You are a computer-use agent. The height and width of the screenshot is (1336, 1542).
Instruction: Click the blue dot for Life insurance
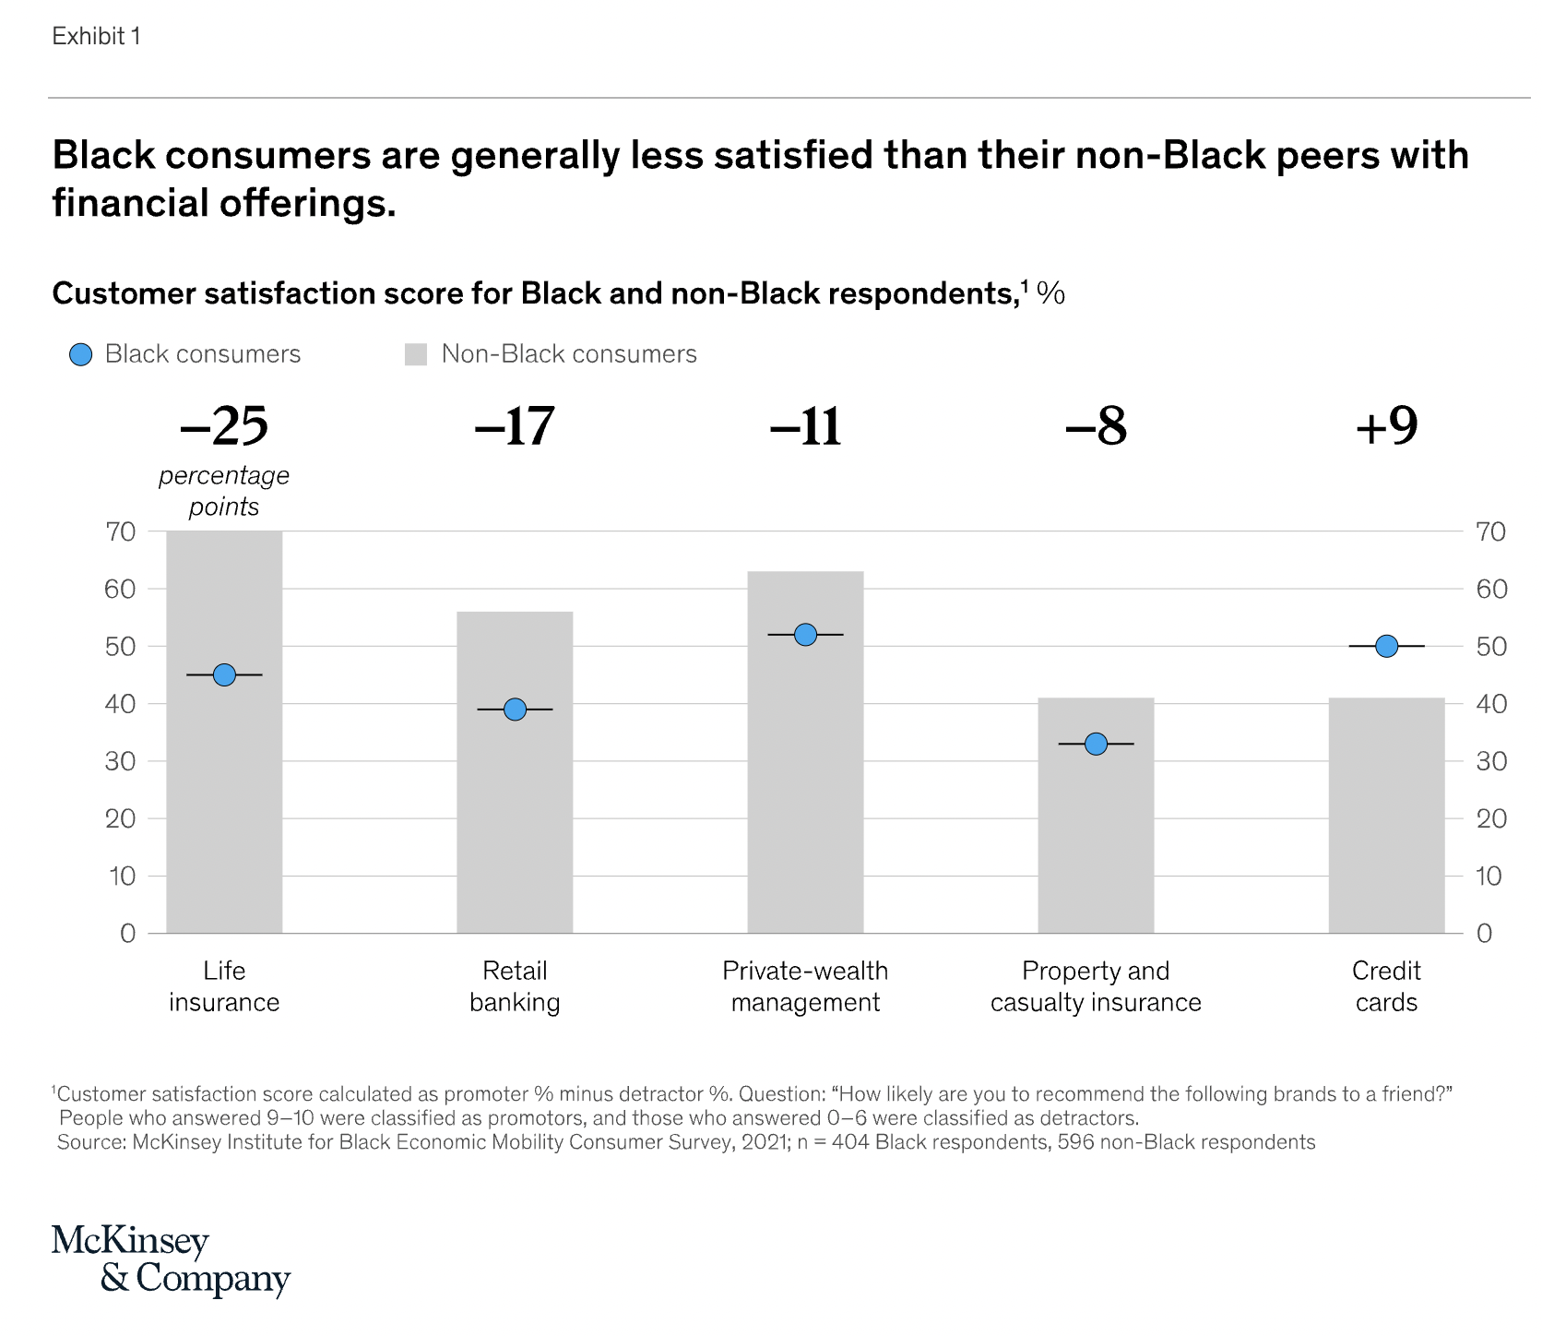click(x=224, y=675)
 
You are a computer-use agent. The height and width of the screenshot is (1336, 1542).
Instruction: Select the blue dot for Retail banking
click(x=515, y=710)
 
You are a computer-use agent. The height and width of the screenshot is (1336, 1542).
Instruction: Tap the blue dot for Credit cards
click(x=1386, y=647)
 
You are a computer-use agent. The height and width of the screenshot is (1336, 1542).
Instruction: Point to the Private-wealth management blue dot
click(x=805, y=635)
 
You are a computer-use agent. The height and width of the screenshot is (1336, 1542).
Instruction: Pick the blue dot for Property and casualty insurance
click(x=1096, y=744)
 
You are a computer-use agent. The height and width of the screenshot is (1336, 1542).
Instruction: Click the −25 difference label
click(x=224, y=426)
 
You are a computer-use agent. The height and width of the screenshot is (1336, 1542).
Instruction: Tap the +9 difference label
click(x=1386, y=426)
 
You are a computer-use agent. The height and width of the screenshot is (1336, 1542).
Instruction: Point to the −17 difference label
click(x=515, y=426)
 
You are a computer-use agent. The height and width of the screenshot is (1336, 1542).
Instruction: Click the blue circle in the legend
click(x=81, y=355)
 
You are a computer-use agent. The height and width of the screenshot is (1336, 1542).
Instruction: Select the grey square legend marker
click(x=416, y=355)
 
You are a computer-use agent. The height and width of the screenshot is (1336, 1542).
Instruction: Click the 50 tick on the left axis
click(x=120, y=647)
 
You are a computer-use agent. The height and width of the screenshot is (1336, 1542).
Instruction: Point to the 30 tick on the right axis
click(x=1491, y=762)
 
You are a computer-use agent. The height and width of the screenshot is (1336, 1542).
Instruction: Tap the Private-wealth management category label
click(x=805, y=986)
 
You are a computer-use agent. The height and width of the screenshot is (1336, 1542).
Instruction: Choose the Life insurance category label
click(x=224, y=986)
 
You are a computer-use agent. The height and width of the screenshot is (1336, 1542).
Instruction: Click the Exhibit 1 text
click(x=97, y=36)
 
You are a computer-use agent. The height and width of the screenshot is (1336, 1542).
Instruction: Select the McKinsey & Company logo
click(x=171, y=1260)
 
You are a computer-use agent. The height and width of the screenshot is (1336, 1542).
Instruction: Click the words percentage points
click(x=224, y=491)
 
